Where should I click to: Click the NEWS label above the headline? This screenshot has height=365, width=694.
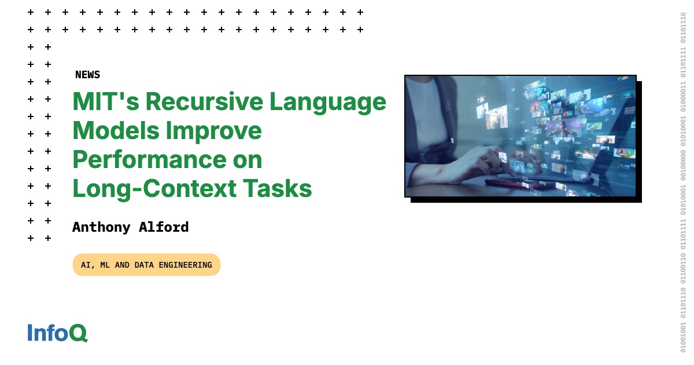click(x=88, y=75)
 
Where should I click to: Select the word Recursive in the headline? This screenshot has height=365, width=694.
click(x=205, y=101)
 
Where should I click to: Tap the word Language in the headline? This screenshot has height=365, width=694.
click(x=328, y=103)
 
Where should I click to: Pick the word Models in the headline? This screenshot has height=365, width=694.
click(x=116, y=131)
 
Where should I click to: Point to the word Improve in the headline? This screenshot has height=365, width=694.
click(x=214, y=132)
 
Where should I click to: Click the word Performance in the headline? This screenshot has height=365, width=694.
click(x=150, y=159)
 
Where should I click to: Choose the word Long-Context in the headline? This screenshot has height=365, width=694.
click(x=154, y=189)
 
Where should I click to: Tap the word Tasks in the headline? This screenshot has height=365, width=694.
click(x=277, y=188)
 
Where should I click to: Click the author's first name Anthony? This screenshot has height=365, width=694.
click(x=101, y=228)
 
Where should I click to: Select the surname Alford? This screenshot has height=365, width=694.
click(x=164, y=227)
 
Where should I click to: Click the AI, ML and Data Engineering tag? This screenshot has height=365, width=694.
click(x=146, y=265)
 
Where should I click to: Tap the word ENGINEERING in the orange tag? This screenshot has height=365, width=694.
click(x=185, y=265)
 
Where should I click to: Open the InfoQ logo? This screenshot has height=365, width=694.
click(x=58, y=333)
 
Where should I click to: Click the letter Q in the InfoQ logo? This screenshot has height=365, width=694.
click(x=79, y=333)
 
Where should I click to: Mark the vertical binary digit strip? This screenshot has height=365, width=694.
click(x=683, y=183)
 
